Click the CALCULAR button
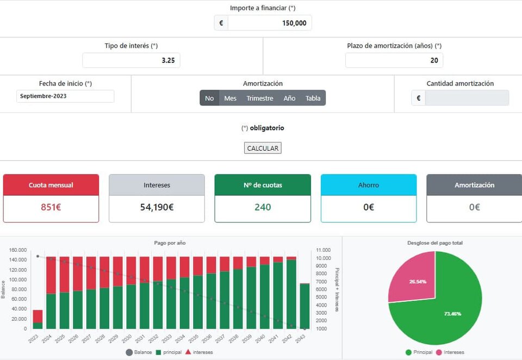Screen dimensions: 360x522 click(x=263, y=148)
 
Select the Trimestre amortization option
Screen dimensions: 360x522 click(x=260, y=98)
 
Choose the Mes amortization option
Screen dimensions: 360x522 click(x=230, y=98)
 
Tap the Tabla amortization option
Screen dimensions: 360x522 click(x=313, y=98)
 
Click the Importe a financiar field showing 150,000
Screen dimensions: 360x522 click(x=269, y=23)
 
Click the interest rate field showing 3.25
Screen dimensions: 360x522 click(x=131, y=60)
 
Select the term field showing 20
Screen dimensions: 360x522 click(x=394, y=60)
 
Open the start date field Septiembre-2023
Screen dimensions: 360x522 click(x=65, y=96)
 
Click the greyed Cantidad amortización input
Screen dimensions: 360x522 click(x=467, y=98)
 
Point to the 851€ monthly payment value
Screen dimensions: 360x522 click(x=51, y=207)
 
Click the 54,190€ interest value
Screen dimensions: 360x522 click(x=157, y=207)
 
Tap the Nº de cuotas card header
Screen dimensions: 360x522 click(x=263, y=185)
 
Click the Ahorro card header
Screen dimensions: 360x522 click(x=369, y=185)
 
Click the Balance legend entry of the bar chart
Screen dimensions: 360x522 click(x=140, y=352)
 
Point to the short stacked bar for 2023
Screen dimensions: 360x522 click(x=38, y=319)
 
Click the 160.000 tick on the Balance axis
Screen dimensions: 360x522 click(x=17, y=250)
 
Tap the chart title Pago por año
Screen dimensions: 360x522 click(x=170, y=243)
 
